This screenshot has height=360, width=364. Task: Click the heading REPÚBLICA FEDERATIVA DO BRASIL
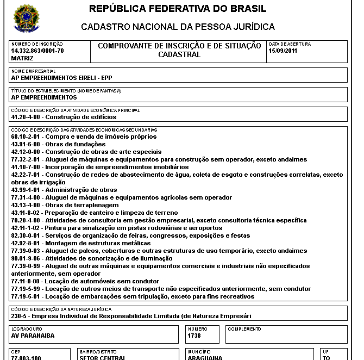coord(178,9)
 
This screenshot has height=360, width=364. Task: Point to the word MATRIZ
coord(22,58)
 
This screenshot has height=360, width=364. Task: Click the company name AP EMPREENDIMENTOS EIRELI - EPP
coord(61,77)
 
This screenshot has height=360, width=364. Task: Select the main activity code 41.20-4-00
coord(26,117)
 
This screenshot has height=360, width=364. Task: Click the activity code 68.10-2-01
coord(26,136)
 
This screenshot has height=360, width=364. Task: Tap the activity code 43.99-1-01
coord(26,190)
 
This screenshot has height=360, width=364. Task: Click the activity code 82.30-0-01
coord(26,235)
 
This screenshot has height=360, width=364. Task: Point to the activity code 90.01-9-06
coord(26,258)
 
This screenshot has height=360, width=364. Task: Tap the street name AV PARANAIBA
coord(33,336)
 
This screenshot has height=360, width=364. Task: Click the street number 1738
coord(194,336)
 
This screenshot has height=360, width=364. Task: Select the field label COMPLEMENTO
coord(244,329)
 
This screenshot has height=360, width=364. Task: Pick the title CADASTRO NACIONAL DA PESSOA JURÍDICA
coord(178,27)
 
